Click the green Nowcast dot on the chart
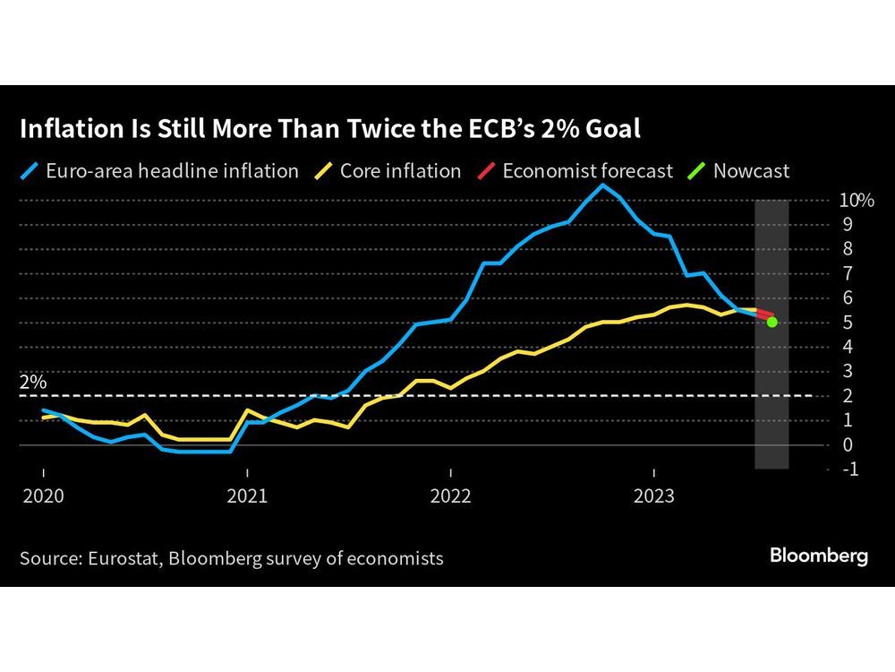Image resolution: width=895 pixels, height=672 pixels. tap(771, 322)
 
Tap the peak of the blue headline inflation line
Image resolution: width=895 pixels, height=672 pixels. tap(602, 185)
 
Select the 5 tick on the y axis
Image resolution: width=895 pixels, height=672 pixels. tap(847, 323)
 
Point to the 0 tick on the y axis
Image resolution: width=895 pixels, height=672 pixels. tap(847, 444)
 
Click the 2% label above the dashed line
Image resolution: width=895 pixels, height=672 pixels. tap(33, 382)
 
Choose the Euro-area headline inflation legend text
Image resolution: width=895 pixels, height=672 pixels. tap(170, 170)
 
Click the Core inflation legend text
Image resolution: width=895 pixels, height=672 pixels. tap(400, 170)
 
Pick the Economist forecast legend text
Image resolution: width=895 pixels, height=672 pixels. tap(587, 170)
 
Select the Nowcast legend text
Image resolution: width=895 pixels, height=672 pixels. tap(751, 170)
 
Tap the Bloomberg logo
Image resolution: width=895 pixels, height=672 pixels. tap(819, 556)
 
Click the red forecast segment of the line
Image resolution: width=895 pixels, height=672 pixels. tap(763, 314)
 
